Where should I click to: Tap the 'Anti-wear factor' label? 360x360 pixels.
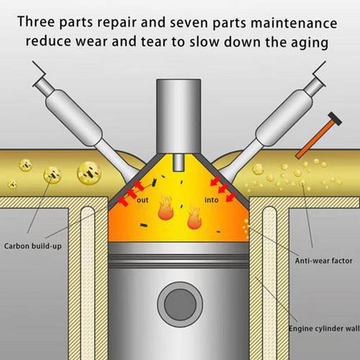pyautogui.click(x=324, y=260)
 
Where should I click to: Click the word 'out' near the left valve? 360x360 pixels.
pyautogui.click(x=143, y=200)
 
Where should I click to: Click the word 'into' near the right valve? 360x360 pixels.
pyautogui.click(x=211, y=200)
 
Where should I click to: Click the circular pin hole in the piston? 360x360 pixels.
pyautogui.click(x=179, y=304)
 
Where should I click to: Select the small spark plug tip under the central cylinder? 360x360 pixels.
pyautogui.click(x=179, y=162)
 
